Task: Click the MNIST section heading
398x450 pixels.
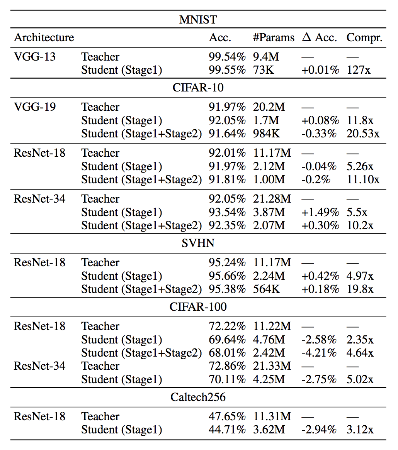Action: pos(198,20)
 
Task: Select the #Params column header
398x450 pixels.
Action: pos(274,37)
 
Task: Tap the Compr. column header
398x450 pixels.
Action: pos(364,38)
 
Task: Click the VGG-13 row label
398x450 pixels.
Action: pos(34,56)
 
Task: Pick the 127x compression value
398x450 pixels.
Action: pos(359,70)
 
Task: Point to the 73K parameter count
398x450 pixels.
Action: pos(264,70)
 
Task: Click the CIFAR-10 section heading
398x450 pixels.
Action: pos(198,88)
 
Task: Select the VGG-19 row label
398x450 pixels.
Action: pos(34,107)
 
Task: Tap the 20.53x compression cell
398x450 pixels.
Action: pos(363,134)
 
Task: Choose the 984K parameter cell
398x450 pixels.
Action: pos(266,134)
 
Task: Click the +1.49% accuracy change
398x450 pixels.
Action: pos(320,212)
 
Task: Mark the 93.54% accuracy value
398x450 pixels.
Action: pos(227,212)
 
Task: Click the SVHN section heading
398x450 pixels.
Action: pos(198,244)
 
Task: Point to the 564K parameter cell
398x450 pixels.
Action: pos(266,289)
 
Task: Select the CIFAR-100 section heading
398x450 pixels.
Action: pos(198,307)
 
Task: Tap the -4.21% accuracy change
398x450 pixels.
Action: pos(319,353)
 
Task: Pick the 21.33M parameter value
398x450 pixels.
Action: pos(272,366)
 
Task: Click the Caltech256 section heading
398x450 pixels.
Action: pos(198,397)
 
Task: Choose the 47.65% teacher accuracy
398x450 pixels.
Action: pos(227,416)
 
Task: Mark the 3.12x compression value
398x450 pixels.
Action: pos(360,430)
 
